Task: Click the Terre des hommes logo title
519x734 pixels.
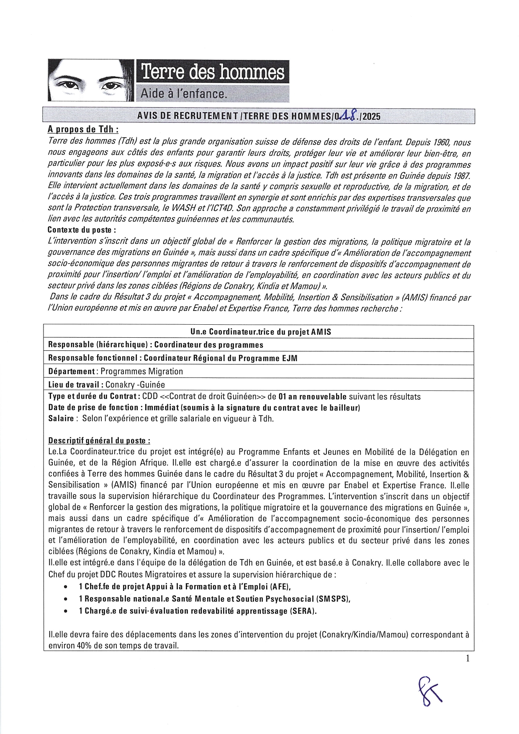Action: coord(213,73)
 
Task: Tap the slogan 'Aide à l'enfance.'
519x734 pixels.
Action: coord(184,94)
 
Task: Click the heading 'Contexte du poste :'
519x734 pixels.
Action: coord(82,230)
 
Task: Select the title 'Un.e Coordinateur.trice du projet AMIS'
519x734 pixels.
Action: coord(260,332)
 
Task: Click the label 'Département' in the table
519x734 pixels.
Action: coord(72,371)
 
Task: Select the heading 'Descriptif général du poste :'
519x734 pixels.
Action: coord(99,441)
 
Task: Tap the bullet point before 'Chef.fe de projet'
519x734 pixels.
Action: coord(66,588)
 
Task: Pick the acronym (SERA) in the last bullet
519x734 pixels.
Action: coord(302,611)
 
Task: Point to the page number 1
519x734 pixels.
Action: coord(468,659)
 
